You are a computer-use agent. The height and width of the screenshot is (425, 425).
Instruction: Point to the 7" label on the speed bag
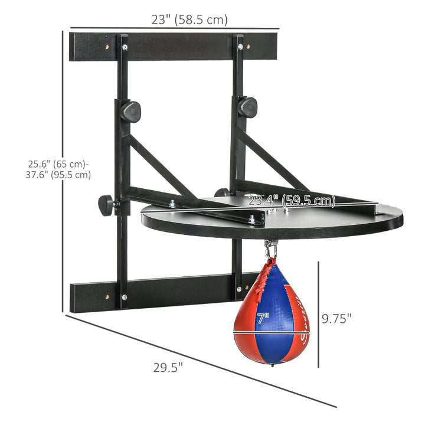pos(263,319)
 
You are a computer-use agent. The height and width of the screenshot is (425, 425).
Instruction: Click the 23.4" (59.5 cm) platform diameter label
pos(292,201)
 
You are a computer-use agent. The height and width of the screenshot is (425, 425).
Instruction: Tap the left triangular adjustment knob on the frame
pos(130,110)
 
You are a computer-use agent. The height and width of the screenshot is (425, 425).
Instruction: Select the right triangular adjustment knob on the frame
pos(247,107)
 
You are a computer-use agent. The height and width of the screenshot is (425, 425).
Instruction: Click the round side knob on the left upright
pos(106,205)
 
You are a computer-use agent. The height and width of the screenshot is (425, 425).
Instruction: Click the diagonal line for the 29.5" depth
pos(201,360)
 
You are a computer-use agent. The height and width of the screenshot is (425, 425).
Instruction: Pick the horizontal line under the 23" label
pos(175,28)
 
